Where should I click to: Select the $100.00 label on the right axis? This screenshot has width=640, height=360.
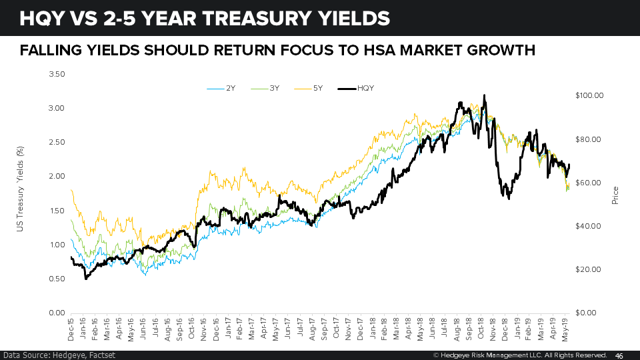pyautogui.click(x=589, y=95)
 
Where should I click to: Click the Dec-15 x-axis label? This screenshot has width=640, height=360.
pyautogui.click(x=71, y=328)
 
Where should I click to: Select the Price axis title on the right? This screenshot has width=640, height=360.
pyautogui.click(x=615, y=194)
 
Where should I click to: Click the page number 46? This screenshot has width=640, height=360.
pyautogui.click(x=619, y=355)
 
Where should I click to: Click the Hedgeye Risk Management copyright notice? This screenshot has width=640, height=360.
pyautogui.click(x=520, y=355)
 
